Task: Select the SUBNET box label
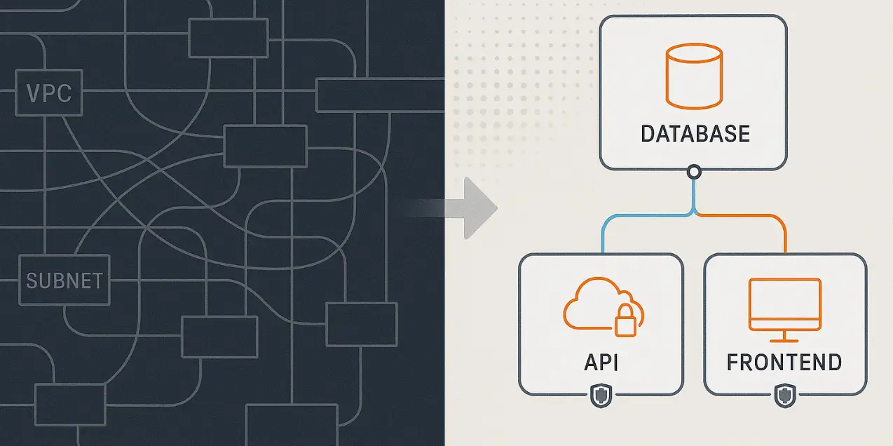64,281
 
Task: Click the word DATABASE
695,133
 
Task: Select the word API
601,363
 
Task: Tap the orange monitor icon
784,306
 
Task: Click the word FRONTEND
784,363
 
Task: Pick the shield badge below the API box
601,397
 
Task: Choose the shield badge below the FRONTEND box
784,397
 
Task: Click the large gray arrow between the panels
477,208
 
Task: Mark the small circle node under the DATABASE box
694,171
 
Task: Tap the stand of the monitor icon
784,336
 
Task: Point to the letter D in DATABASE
648,133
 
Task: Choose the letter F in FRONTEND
733,363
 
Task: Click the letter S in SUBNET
32,281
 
